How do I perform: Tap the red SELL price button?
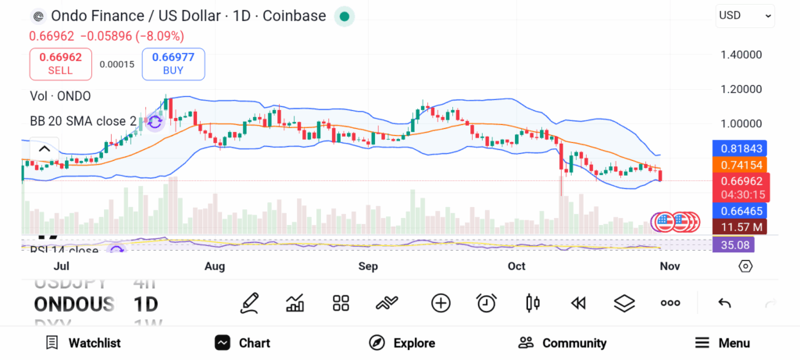click(60, 63)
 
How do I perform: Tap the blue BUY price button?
click(173, 63)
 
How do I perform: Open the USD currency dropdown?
click(745, 15)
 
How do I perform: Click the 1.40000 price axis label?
click(740, 55)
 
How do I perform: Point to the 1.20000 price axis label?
click(740, 89)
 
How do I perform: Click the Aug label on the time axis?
click(214, 266)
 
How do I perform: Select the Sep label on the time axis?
click(368, 266)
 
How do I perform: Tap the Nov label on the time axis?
click(670, 266)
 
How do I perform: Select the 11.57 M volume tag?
click(739, 226)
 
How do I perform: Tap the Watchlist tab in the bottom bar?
click(83, 343)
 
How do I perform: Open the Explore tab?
click(402, 343)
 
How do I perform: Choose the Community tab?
click(562, 343)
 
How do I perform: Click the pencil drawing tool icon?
click(250, 303)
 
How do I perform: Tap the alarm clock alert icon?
click(487, 303)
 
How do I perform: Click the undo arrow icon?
click(724, 303)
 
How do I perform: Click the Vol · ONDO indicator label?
click(60, 96)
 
